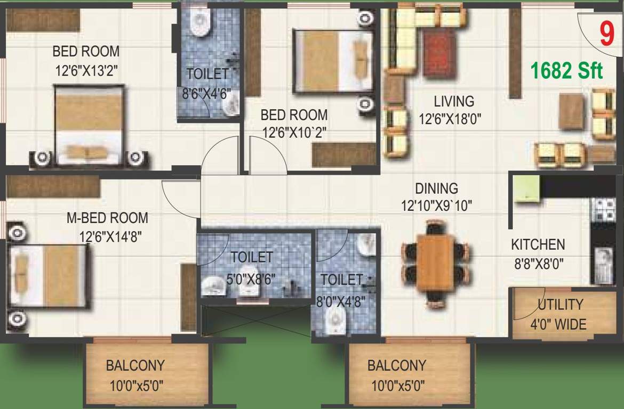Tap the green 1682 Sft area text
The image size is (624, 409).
click(x=566, y=71)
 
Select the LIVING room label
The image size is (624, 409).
click(x=453, y=101)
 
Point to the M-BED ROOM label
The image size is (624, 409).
click(x=107, y=218)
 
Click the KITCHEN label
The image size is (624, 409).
click(x=538, y=245)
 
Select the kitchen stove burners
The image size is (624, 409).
click(x=605, y=210)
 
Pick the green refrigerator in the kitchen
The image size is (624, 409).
click(x=526, y=189)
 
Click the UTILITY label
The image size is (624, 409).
click(x=561, y=305)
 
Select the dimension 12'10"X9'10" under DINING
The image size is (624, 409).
click(x=437, y=206)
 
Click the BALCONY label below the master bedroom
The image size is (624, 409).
click(x=135, y=366)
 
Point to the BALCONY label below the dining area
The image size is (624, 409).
click(x=396, y=366)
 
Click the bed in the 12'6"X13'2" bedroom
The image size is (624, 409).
click(x=90, y=124)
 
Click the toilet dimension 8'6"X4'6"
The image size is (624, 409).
click(x=206, y=95)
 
